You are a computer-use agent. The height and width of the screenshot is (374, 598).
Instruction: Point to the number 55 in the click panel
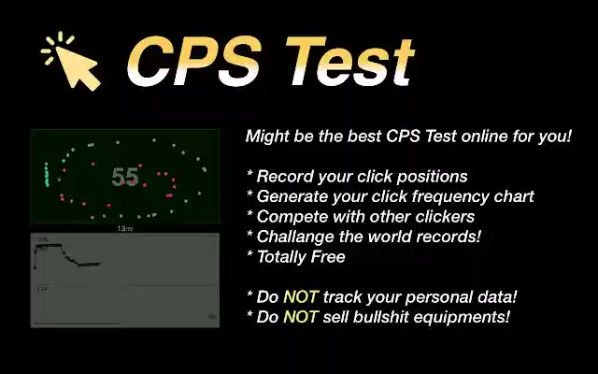pyautogui.click(x=124, y=177)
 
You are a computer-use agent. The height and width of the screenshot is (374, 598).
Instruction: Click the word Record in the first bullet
pyautogui.click(x=286, y=176)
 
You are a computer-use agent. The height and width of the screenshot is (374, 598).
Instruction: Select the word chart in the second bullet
pyautogui.click(x=513, y=196)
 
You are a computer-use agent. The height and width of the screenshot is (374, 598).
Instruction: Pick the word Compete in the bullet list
pyautogui.click(x=291, y=216)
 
